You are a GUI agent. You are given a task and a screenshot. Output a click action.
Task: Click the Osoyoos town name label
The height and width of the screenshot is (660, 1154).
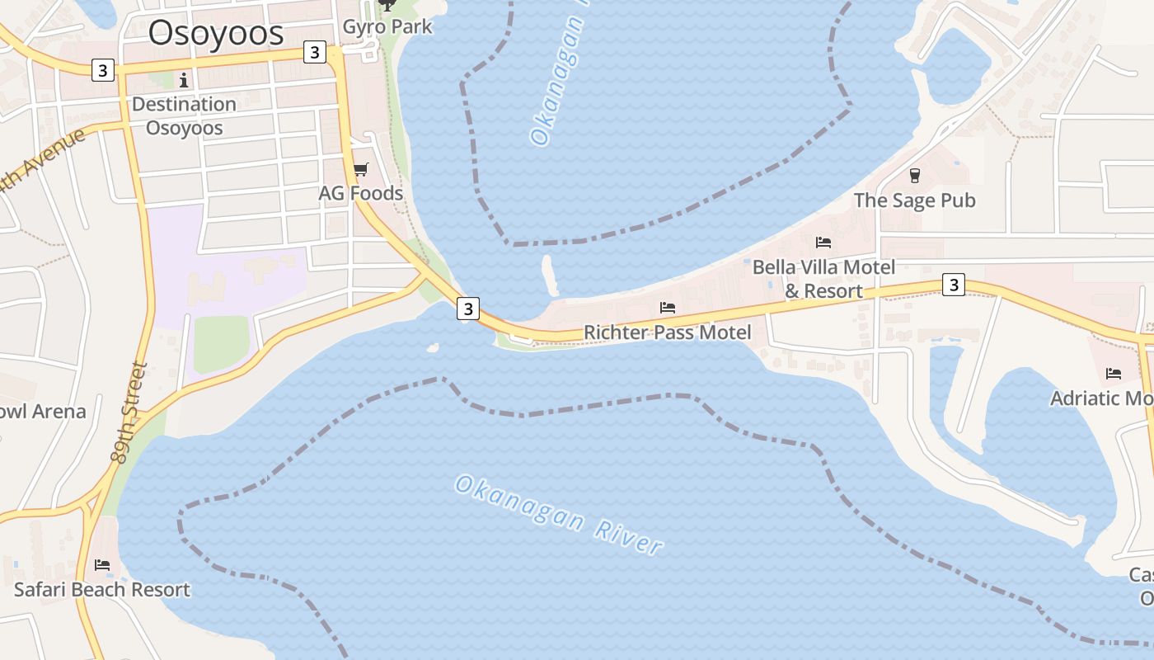point(216,33)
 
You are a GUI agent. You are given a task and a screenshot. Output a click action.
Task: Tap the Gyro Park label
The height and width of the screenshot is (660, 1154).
point(387,26)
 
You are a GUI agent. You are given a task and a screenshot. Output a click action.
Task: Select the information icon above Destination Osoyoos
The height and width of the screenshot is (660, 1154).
point(183,80)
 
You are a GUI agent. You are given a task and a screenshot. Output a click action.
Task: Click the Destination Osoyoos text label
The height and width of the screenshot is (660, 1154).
point(184,115)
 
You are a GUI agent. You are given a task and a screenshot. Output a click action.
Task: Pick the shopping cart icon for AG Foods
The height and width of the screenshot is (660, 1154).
point(360,170)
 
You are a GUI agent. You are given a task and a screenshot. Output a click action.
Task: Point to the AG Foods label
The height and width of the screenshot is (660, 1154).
point(361,193)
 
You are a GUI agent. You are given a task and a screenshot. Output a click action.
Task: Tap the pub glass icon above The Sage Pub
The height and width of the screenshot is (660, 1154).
point(914,175)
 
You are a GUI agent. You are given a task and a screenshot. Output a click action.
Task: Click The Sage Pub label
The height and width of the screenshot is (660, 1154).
point(914,200)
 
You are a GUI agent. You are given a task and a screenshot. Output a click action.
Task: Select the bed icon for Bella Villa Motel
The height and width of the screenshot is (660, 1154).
point(823,243)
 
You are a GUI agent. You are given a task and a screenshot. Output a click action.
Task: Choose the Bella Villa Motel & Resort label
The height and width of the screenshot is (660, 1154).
point(823,279)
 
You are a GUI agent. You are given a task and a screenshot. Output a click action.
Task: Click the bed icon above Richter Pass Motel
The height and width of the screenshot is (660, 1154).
point(668,308)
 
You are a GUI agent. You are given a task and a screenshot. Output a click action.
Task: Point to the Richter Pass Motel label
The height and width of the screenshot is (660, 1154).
point(668,332)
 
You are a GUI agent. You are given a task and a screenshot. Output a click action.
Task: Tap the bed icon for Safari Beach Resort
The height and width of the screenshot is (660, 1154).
point(102,565)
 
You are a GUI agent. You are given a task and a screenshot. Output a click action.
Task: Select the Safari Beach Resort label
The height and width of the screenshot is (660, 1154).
point(102,590)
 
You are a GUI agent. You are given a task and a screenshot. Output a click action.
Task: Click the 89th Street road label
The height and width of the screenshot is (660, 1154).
point(130,412)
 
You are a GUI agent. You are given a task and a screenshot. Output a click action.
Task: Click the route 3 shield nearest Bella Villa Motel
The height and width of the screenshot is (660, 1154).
point(953,285)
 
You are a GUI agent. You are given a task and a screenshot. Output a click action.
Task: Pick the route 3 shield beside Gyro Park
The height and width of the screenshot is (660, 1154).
point(314,52)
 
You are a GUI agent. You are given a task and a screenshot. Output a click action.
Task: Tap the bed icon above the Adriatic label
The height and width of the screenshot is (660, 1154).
point(1114,374)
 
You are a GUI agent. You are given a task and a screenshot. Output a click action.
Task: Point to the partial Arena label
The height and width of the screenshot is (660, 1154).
point(41,411)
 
